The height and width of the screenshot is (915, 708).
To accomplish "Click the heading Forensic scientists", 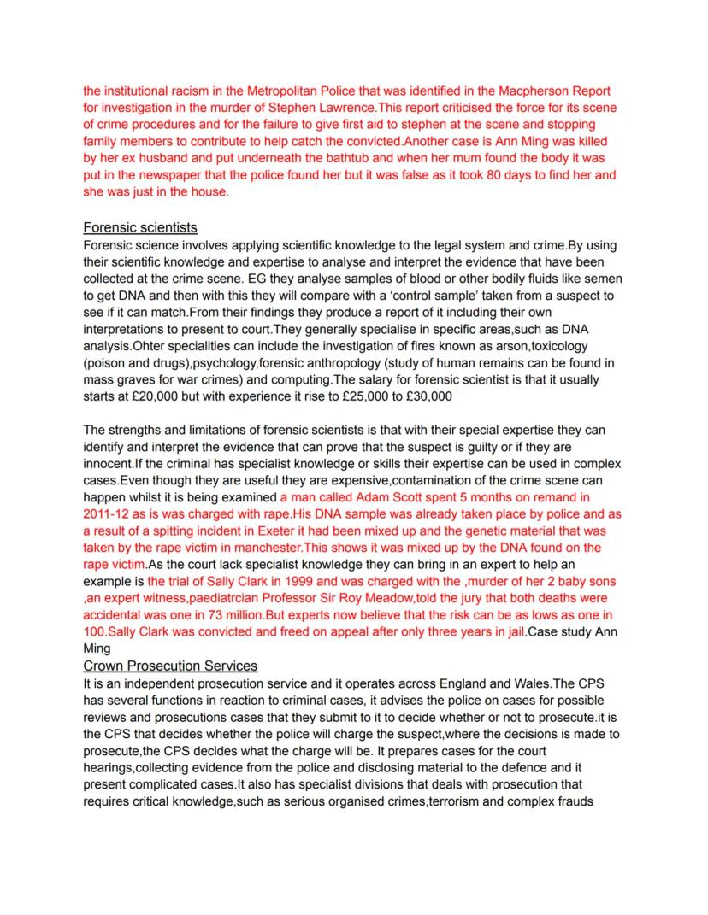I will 140,227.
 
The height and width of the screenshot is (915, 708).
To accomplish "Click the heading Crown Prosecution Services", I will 170,666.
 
